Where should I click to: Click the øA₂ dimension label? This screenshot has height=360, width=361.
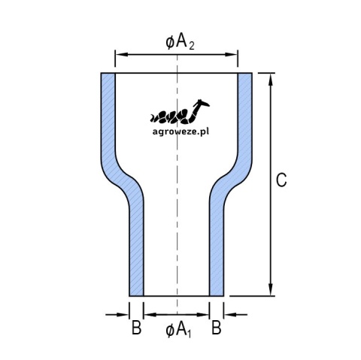tap(180, 42)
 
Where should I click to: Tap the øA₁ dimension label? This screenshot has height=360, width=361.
tap(178, 330)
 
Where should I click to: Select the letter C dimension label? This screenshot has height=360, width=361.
tap(281, 180)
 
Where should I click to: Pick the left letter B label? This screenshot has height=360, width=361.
tap(136, 328)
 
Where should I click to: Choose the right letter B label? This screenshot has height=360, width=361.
tap(217, 328)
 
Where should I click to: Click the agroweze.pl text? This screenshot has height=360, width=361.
tap(180, 132)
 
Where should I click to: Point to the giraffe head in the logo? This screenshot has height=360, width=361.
tap(202, 103)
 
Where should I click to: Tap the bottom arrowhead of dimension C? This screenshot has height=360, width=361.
tap(270, 290)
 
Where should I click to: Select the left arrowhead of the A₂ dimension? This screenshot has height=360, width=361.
tap(121, 54)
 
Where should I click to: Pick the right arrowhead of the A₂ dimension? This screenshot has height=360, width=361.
tap(232, 54)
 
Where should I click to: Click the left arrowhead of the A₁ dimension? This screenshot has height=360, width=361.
tap(150, 314)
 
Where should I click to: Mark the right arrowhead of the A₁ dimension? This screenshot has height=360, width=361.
tap(203, 314)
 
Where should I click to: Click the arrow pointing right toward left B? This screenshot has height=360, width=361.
tap(117, 314)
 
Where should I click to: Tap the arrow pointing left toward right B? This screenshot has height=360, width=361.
tap(235, 314)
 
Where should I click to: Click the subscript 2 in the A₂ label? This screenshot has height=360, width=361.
tap(192, 46)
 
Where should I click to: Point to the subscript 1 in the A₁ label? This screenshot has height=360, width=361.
tap(189, 334)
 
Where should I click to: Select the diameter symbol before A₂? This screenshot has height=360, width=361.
tap(170, 43)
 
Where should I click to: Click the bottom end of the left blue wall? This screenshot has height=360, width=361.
tap(136, 295)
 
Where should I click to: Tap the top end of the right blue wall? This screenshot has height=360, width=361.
tap(245, 74)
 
